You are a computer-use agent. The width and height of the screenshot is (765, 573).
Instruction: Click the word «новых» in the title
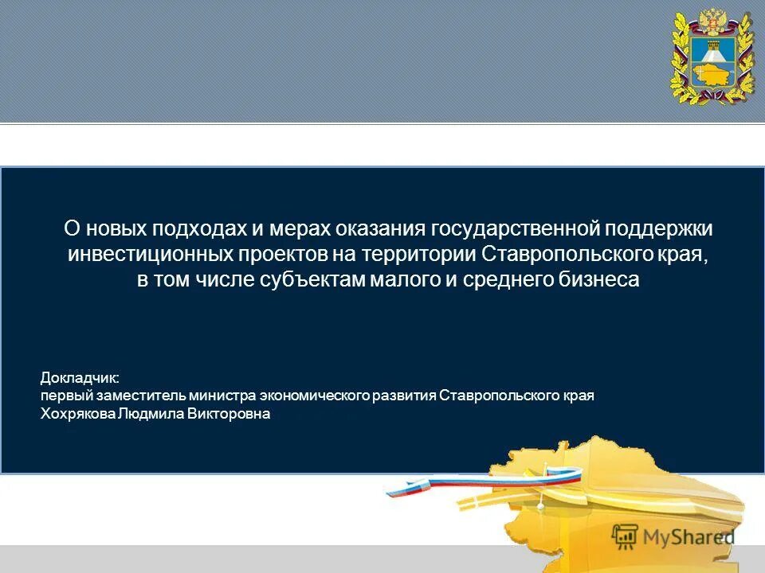[117, 229]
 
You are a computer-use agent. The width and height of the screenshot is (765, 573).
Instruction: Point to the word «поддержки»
[658, 229]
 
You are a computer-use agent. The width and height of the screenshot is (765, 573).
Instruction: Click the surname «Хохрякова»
[78, 414]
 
